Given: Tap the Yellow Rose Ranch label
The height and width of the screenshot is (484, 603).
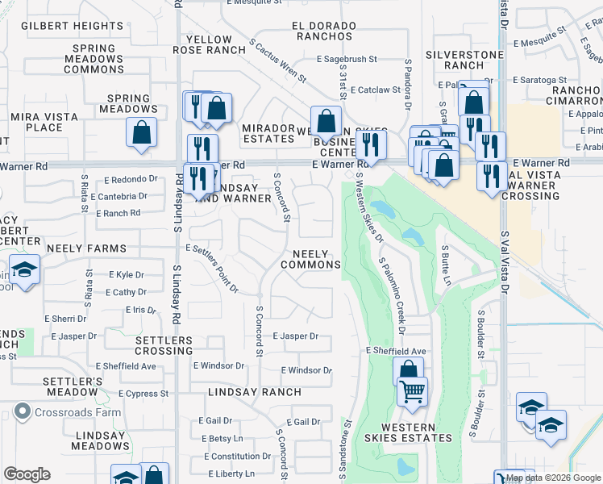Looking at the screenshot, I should [209, 44].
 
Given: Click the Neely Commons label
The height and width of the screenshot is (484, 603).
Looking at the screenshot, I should [311, 259].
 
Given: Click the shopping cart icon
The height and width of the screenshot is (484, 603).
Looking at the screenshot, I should [413, 392].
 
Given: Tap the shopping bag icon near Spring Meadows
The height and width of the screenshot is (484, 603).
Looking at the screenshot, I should [141, 133].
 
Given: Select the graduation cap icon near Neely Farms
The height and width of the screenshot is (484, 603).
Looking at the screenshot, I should [25, 270].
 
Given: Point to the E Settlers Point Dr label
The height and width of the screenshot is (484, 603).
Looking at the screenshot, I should [214, 268].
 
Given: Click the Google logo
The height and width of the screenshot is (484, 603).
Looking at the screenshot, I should [26, 474].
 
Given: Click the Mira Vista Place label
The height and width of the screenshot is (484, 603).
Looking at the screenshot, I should [44, 122].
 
